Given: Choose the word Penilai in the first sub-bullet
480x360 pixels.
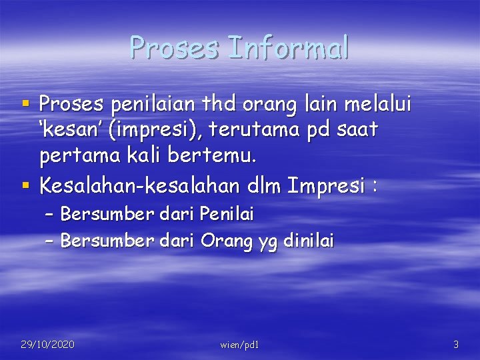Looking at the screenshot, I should (x=227, y=214).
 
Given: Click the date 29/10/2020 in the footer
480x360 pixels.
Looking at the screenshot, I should (x=47, y=344).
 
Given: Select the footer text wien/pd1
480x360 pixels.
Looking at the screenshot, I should (x=239, y=345).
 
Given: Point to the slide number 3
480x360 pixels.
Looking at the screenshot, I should (x=455, y=345).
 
